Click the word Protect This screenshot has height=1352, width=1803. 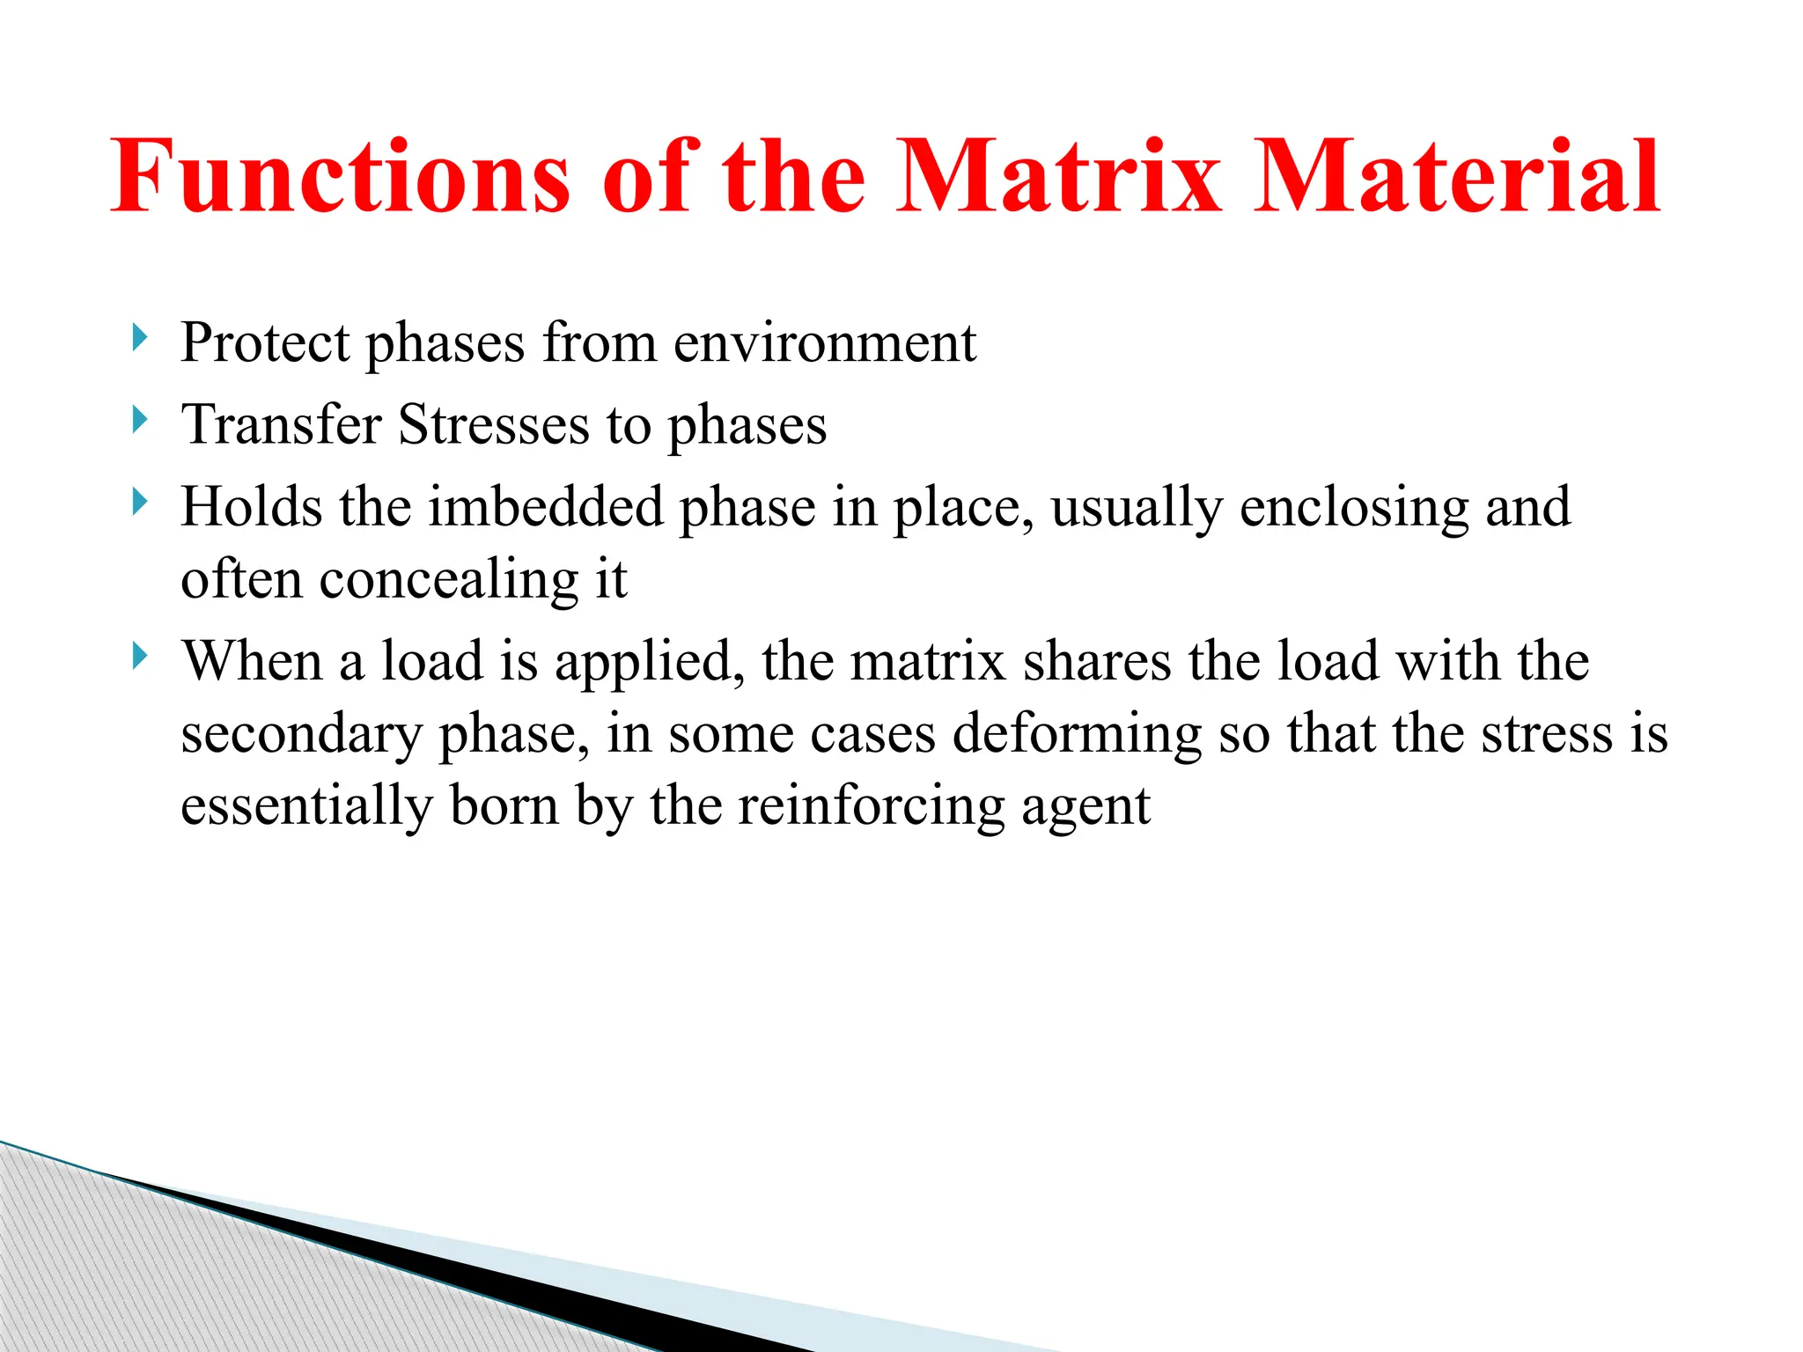coord(265,342)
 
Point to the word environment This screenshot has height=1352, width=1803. coord(825,342)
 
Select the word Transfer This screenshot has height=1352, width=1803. coord(281,424)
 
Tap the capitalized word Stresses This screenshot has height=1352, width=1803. coord(493,424)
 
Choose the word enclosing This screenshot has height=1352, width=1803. coord(1354,507)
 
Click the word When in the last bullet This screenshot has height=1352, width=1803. coord(252,661)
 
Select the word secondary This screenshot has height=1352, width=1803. coord(301,735)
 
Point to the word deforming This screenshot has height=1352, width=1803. coord(1077,735)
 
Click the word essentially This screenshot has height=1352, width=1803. coord(306,807)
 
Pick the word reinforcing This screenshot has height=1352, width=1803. coord(871,807)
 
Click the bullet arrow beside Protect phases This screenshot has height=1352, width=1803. coord(139,337)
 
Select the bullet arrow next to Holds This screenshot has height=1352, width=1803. coord(139,502)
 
